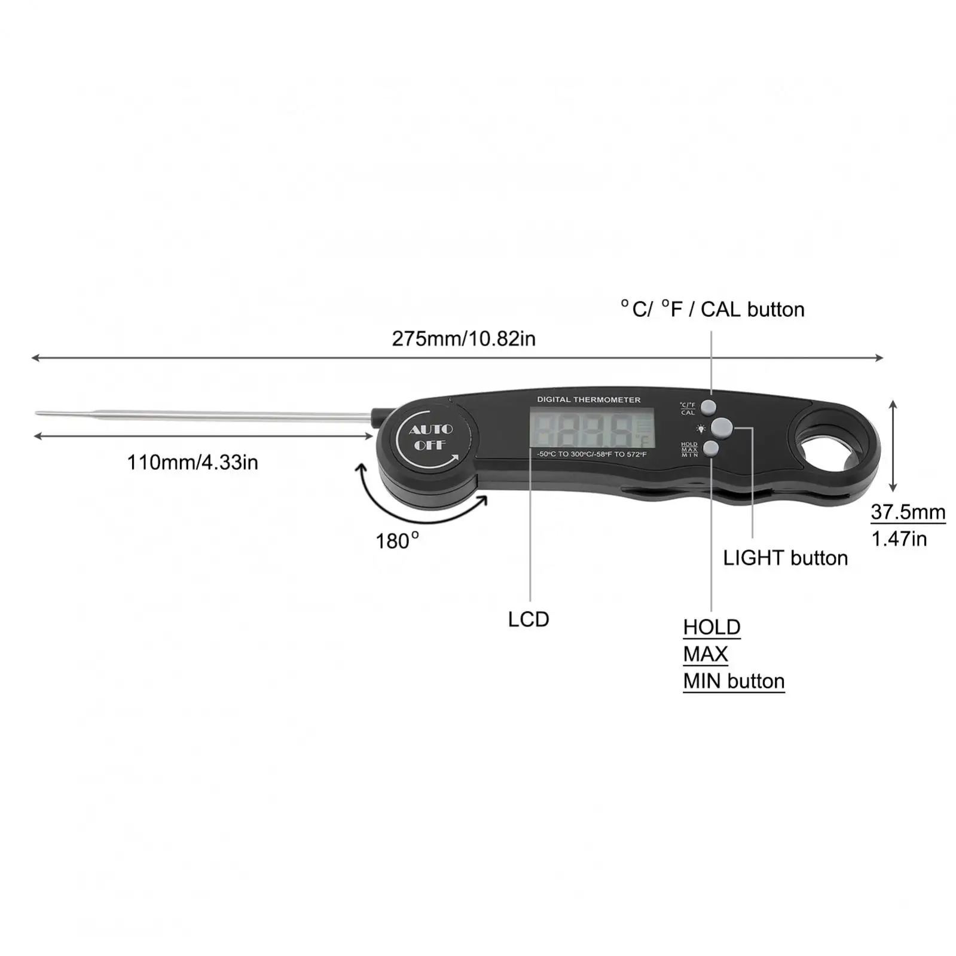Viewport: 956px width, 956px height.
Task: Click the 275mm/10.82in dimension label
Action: pyautogui.click(x=463, y=339)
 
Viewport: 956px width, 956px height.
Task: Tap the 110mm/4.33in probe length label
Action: pyautogui.click(x=193, y=462)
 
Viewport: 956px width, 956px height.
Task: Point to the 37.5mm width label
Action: pyautogui.click(x=908, y=512)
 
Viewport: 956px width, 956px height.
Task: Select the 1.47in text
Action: pyautogui.click(x=899, y=539)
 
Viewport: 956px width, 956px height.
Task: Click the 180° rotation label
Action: pyautogui.click(x=396, y=540)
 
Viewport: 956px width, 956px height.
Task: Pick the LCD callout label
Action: pyautogui.click(x=529, y=619)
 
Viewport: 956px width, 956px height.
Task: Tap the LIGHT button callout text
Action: pyautogui.click(x=785, y=558)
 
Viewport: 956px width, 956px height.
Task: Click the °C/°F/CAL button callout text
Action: pyautogui.click(x=712, y=309)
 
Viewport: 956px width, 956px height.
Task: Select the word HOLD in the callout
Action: pyautogui.click(x=711, y=627)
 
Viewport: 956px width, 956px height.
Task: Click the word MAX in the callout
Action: pyautogui.click(x=705, y=654)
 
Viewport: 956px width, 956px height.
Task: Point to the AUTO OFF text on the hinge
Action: pyautogui.click(x=430, y=437)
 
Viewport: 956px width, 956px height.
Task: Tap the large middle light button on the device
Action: pyautogui.click(x=722, y=427)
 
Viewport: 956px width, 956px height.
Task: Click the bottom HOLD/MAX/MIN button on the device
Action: pyautogui.click(x=711, y=448)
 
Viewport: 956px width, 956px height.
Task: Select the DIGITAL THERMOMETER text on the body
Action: pyautogui.click(x=588, y=399)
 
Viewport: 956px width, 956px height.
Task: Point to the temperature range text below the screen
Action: pyautogui.click(x=591, y=454)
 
